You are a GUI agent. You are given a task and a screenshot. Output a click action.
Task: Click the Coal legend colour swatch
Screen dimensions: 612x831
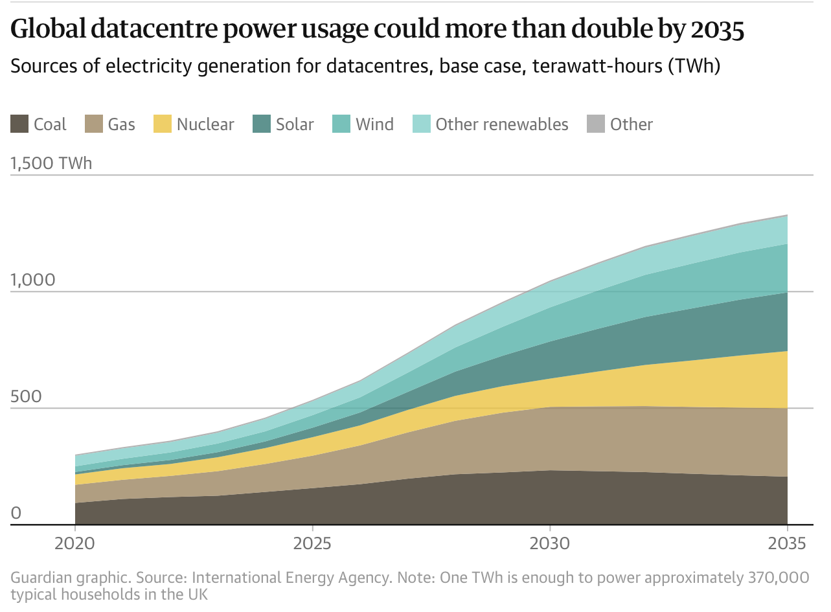19,124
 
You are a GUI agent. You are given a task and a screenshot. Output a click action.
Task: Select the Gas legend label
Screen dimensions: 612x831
121,124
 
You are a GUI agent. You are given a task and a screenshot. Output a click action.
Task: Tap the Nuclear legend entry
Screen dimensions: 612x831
205,124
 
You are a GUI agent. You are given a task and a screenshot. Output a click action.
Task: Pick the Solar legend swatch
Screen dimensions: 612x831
261,124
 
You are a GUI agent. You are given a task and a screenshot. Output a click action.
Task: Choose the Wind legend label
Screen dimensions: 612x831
374,124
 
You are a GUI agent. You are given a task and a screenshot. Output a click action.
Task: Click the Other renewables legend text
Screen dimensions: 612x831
502,124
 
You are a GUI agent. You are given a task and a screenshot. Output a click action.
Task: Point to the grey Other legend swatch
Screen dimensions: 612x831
596,124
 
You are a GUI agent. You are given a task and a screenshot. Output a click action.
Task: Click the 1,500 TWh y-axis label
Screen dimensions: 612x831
52,163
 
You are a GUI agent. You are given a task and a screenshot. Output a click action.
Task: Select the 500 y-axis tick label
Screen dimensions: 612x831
26,397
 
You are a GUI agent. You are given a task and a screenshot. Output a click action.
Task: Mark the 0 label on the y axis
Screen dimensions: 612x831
16,514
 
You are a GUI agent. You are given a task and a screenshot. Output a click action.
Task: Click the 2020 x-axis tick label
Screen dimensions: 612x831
75,543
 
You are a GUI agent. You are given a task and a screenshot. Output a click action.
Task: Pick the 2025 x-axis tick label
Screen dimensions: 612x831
312,543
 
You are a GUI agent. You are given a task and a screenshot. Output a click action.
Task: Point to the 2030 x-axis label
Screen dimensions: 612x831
549,543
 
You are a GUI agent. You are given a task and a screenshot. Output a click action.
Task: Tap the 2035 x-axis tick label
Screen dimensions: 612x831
786,543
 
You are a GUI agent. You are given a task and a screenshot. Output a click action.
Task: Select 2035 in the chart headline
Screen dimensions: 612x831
717,30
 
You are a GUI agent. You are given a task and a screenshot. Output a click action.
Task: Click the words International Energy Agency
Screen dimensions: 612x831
291,578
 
